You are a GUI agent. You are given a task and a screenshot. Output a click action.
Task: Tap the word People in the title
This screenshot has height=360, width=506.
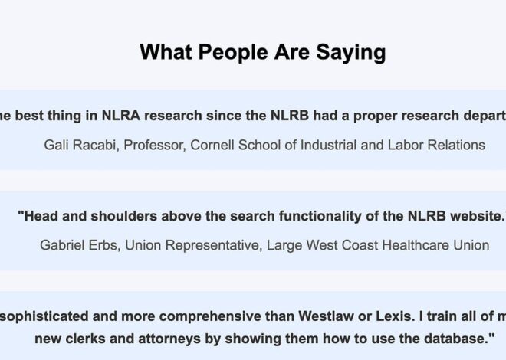(x=231, y=52)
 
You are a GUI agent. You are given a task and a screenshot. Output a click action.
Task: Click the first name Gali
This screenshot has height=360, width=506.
(x=58, y=144)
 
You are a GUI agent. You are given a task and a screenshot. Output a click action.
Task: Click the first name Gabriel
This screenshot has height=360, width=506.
(x=65, y=245)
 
